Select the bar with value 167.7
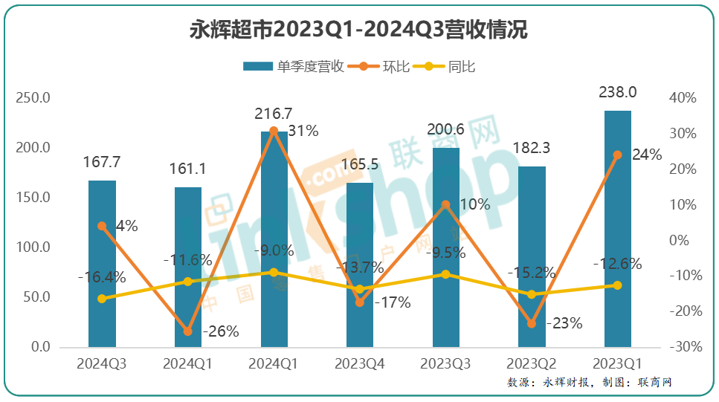tap(102, 264)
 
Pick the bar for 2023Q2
tap(532, 256)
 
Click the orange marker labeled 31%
tap(274, 131)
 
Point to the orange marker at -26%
tap(187, 331)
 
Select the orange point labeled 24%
tap(617, 155)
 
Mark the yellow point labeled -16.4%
tap(102, 299)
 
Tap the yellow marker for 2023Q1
tap(617, 285)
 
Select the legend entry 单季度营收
tap(294, 67)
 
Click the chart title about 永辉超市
tap(359, 30)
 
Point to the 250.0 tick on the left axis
tap(34, 98)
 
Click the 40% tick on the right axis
tap(683, 98)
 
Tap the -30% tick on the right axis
tap(683, 347)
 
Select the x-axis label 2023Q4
tap(360, 364)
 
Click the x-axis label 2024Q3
tap(102, 364)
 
